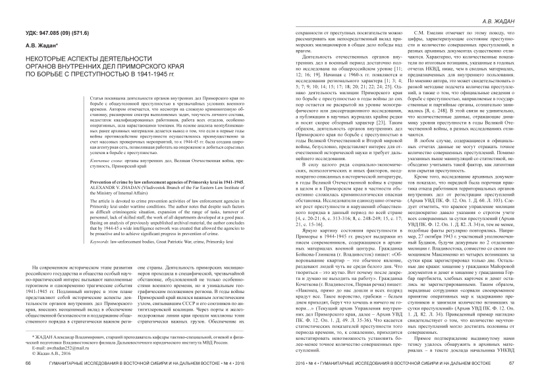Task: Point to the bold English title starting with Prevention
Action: coord(132,161)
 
